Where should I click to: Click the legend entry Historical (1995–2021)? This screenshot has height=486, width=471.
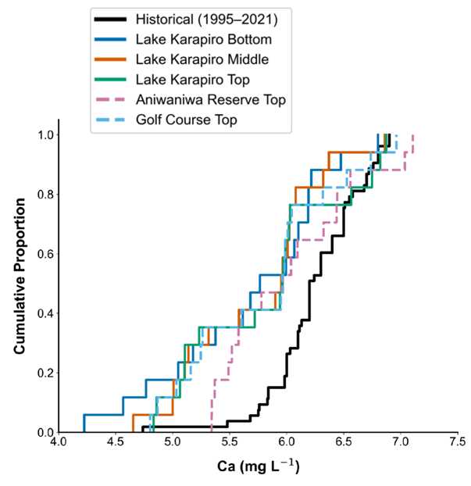point(205,18)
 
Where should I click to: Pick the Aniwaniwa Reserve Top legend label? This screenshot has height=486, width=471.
point(210,99)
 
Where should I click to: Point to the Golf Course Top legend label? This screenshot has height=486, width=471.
point(187,120)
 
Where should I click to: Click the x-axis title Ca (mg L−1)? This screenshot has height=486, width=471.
point(258,468)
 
